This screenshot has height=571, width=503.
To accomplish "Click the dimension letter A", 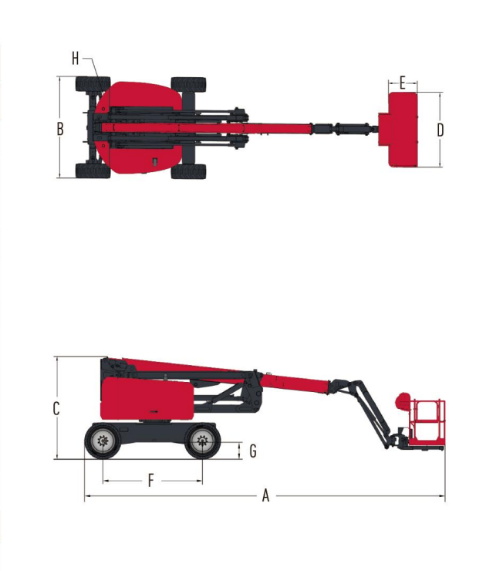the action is [266, 495].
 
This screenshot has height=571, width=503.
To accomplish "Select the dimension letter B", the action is [60, 130].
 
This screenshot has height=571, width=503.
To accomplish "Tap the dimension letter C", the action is [56, 409].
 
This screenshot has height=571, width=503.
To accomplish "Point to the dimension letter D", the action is [441, 130].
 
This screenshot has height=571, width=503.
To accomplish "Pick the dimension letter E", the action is [403, 83].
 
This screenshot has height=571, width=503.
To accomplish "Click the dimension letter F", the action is [151, 480].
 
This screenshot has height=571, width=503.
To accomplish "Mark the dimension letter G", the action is [253, 451].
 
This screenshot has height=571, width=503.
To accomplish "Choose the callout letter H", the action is [76, 59].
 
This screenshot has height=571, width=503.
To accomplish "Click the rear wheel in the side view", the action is [103, 441].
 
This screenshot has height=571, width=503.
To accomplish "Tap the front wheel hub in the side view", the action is [202, 441].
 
